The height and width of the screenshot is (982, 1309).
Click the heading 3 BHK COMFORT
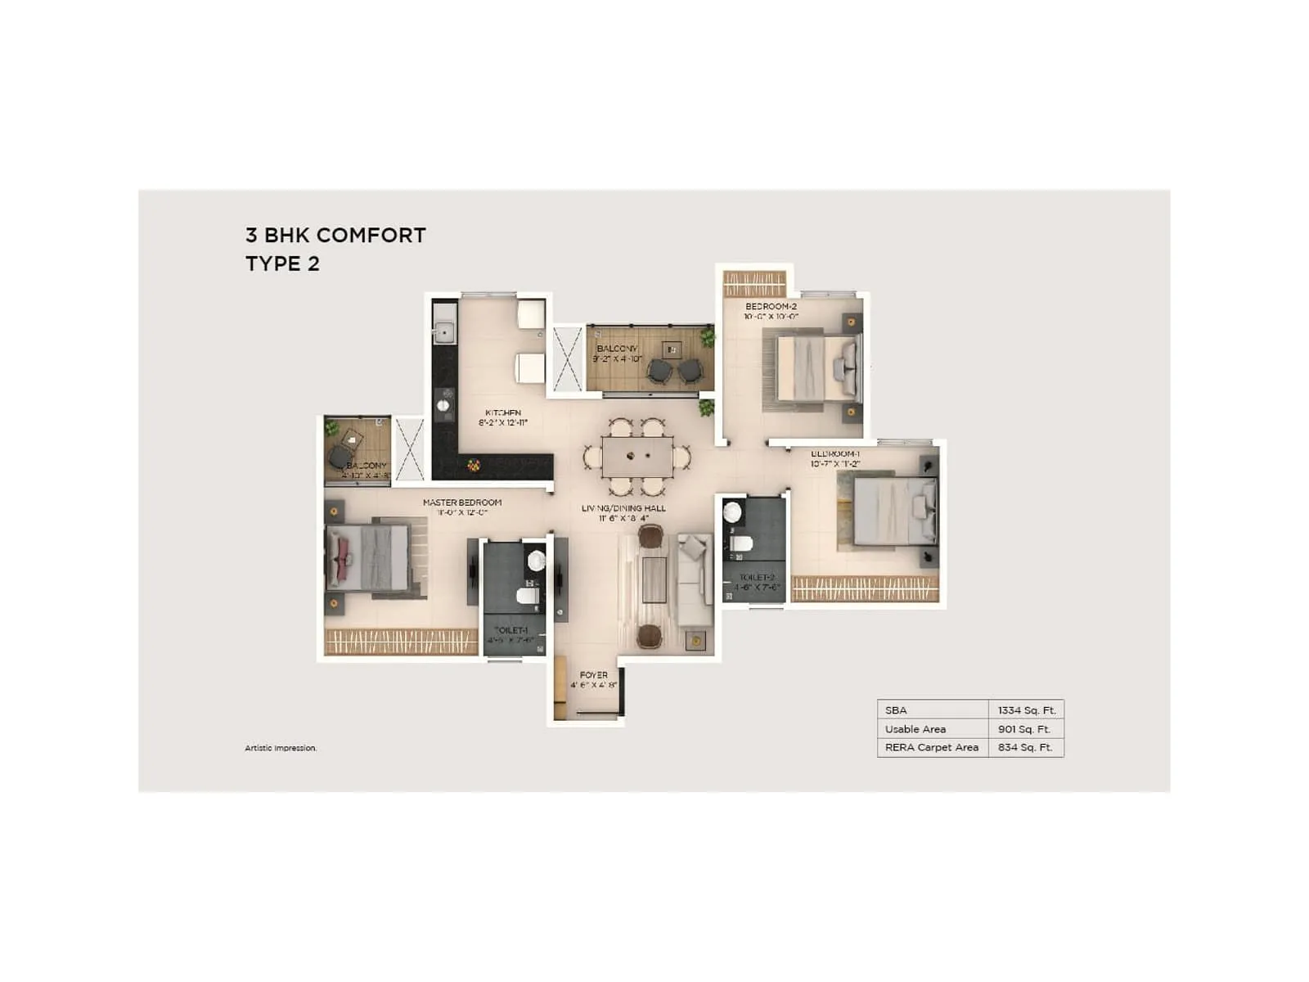pos(335,236)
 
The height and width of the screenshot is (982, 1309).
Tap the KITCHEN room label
pos(503,413)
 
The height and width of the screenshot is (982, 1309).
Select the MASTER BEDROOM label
pos(462,502)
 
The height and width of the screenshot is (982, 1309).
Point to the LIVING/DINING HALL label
pos(623,508)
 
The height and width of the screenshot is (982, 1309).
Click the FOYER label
pos(594,675)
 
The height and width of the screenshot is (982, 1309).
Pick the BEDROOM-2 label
pos(771,307)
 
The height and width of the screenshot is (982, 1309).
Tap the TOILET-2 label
pos(757,578)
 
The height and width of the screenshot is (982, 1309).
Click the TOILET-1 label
pos(511,630)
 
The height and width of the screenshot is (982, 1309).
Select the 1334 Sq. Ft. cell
pos(1027,710)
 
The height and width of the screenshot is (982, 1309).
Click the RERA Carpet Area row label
pos(932,747)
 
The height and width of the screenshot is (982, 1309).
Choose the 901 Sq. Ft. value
pos(1024,729)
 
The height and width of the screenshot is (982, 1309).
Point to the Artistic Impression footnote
pos(281,748)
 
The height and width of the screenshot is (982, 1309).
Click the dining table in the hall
pos(637,457)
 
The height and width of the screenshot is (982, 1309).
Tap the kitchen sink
pos(444,332)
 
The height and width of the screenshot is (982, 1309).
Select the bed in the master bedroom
pos(368,557)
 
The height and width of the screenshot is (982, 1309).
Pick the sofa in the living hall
pos(694,581)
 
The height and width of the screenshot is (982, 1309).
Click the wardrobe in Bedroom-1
pos(865,589)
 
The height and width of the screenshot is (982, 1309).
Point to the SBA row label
pos(896,710)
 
